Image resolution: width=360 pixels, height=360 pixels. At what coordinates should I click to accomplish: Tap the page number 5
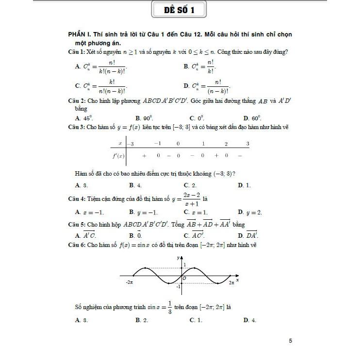point(290,341)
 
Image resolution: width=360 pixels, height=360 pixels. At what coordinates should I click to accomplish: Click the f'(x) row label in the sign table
point(118,156)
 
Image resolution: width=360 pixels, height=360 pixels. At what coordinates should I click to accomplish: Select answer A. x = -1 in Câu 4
point(90,212)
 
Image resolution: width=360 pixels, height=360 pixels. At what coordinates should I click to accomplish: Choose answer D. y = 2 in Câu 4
point(250,212)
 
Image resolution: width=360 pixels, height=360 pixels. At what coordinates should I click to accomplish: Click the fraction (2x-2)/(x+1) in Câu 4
point(185,199)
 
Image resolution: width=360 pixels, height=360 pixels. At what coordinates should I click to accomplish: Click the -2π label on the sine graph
point(129,282)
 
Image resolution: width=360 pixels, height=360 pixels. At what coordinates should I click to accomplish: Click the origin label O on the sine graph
point(185,278)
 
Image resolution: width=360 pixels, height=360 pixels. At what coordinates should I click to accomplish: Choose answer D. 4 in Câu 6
point(250,320)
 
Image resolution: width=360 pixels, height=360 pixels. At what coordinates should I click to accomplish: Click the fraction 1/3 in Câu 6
point(170,307)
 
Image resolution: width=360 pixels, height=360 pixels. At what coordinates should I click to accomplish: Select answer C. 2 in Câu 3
point(190,185)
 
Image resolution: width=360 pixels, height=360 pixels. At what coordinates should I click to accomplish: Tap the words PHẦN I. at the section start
point(81,35)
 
